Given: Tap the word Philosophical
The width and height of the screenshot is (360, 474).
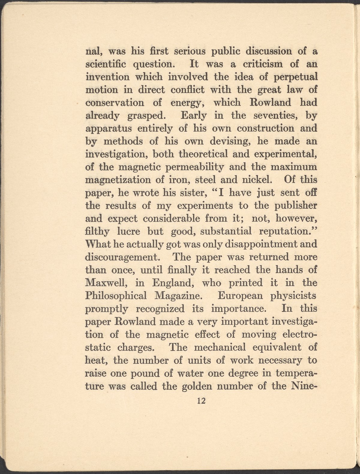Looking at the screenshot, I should coord(116,296).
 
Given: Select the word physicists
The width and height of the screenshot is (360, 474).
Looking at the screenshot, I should coord(293,296).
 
